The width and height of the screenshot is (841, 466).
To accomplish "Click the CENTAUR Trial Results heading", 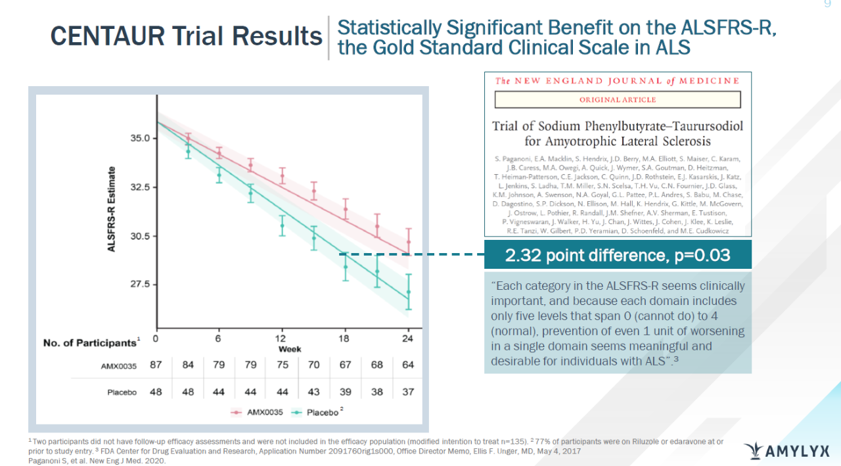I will [186, 36].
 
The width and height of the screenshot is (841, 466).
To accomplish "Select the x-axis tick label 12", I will [281, 339].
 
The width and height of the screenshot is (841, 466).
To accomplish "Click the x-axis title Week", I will [290, 349].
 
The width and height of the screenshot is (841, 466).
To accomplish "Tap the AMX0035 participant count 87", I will [156, 365].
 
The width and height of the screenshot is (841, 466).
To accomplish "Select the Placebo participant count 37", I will [408, 392].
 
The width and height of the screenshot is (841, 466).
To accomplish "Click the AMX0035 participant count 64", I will [408, 365].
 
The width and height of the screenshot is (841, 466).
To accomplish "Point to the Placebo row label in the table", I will [122, 392].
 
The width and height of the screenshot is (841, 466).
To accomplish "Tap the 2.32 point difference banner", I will [618, 255].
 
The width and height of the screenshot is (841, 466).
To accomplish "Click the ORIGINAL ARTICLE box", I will [617, 100].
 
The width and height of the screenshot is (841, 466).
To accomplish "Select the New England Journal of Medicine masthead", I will [617, 81].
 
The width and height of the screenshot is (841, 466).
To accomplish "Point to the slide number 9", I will [828, 5].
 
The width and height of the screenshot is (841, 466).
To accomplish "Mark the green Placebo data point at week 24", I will [409, 292].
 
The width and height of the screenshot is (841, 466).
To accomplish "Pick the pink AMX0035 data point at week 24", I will [409, 242].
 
